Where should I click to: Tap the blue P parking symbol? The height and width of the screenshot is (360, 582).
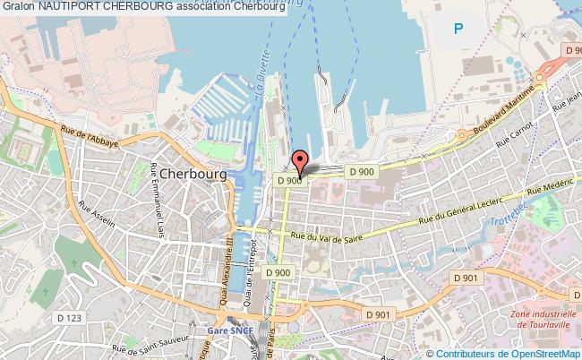[x=458, y=30]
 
